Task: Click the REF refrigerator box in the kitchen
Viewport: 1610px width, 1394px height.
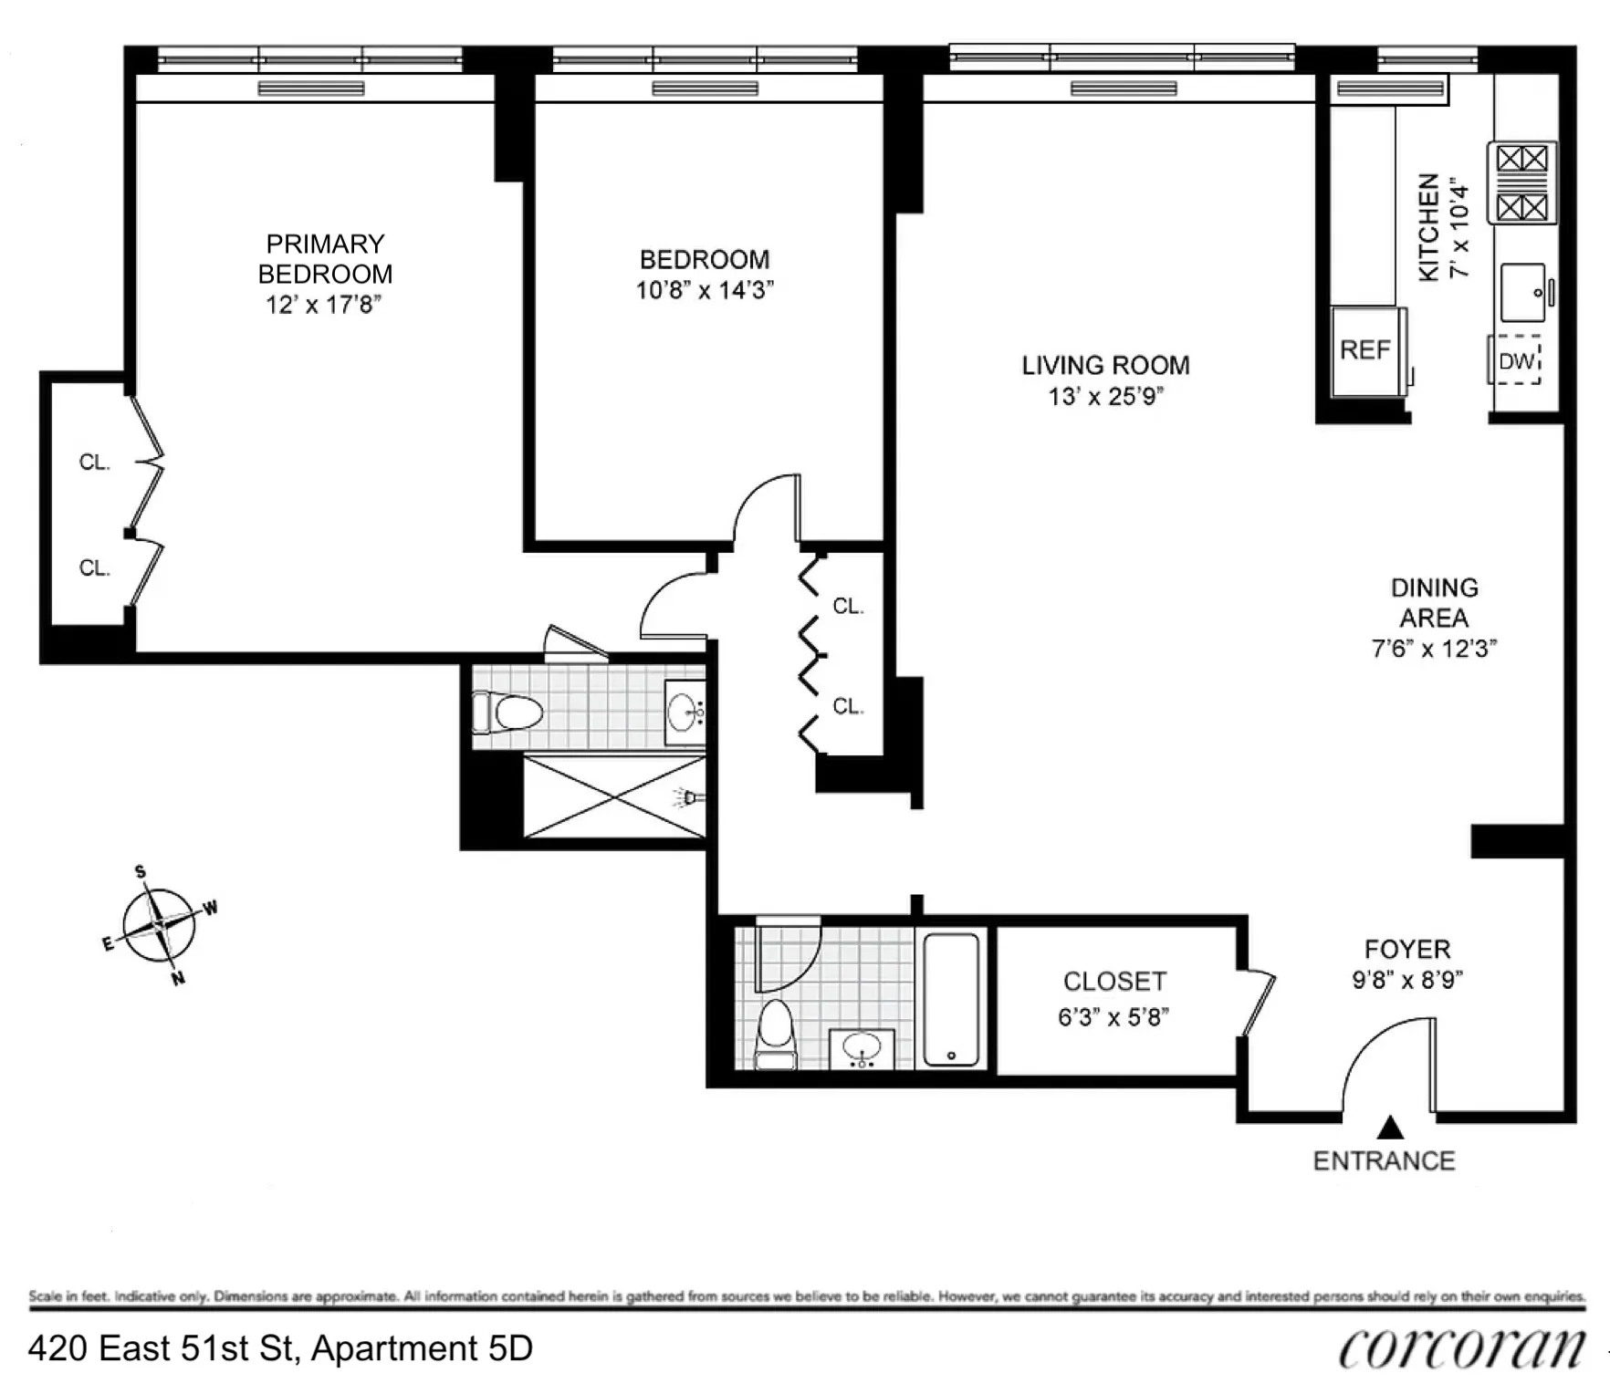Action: [1366, 351]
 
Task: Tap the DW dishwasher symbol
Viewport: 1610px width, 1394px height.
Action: [1518, 361]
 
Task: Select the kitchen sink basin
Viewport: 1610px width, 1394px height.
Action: [1523, 293]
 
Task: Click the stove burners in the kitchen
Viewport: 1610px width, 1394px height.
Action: [1522, 183]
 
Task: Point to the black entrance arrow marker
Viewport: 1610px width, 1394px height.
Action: [1390, 1129]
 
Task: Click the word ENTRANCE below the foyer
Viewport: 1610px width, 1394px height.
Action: [1384, 1161]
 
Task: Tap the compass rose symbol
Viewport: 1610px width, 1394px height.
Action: [160, 926]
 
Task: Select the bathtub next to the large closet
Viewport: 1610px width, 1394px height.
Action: [951, 999]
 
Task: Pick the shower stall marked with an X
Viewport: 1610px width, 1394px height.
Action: [614, 796]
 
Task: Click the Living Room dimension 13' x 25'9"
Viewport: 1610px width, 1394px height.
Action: [1105, 397]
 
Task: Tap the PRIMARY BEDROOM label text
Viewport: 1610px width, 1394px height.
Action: [325, 259]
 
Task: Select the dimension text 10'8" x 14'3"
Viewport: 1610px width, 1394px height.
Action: [705, 291]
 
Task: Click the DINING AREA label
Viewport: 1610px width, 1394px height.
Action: [1434, 603]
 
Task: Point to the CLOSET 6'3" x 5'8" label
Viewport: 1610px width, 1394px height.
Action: [1114, 999]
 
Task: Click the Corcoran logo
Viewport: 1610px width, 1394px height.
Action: [1461, 1348]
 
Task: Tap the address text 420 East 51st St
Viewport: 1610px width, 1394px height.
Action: [280, 1348]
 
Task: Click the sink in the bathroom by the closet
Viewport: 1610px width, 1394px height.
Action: [862, 1048]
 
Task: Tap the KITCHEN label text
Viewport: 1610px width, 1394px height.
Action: [1429, 227]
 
